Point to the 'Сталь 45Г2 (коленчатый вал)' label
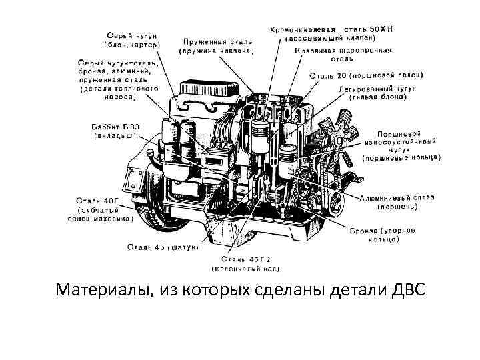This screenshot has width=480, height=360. pyautogui.click(x=246, y=263)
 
